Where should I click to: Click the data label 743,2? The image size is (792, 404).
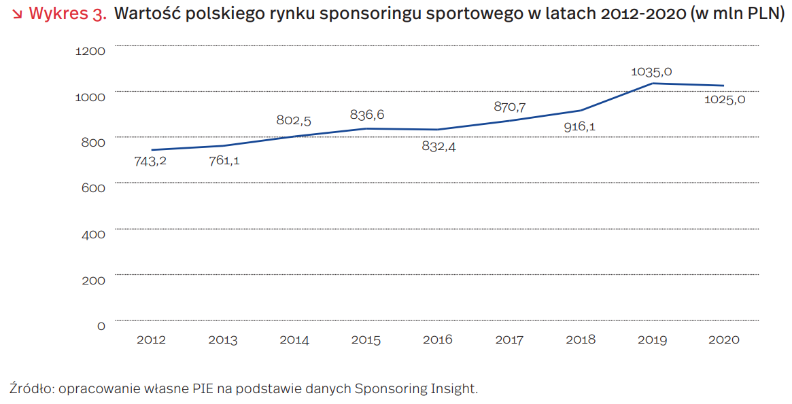(x=150, y=161)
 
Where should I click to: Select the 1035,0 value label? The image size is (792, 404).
(x=651, y=71)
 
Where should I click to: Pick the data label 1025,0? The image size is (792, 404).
(x=724, y=100)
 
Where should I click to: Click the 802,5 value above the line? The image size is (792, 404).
(x=294, y=120)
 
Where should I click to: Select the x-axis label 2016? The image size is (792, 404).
(x=437, y=339)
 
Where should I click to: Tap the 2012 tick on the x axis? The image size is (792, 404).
(x=151, y=339)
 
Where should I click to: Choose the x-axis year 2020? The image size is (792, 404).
(x=723, y=339)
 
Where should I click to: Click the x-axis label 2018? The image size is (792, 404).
(x=580, y=339)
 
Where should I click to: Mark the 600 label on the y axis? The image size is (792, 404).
(x=94, y=187)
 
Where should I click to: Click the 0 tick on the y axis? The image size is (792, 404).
(x=101, y=326)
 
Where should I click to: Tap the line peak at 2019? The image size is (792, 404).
(x=653, y=84)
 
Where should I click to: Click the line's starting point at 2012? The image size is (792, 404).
(x=152, y=149)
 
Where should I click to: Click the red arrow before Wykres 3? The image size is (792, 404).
(x=16, y=14)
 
